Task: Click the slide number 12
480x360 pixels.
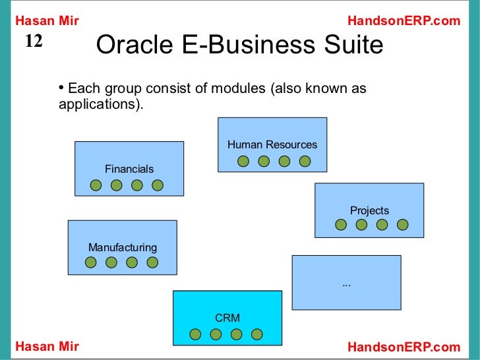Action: tap(34, 42)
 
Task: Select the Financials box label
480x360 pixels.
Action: tap(129, 169)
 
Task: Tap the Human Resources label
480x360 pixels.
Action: tap(272, 144)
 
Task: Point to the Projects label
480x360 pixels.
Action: tap(369, 210)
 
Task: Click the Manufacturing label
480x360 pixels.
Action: tap(123, 247)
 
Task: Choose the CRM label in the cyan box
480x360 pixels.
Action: tap(227, 318)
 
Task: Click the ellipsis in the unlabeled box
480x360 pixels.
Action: tap(346, 283)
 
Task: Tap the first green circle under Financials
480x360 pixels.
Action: tap(96, 185)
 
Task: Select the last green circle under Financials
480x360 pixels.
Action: tap(157, 185)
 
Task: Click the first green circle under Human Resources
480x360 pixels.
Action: tap(243, 161)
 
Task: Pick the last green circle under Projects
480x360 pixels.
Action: tap(402, 225)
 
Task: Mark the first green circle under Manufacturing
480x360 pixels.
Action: tap(91, 262)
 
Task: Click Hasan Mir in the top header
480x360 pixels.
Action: tap(47, 21)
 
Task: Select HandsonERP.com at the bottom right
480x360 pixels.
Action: tap(404, 347)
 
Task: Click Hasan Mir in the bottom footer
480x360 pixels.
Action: tap(47, 347)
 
